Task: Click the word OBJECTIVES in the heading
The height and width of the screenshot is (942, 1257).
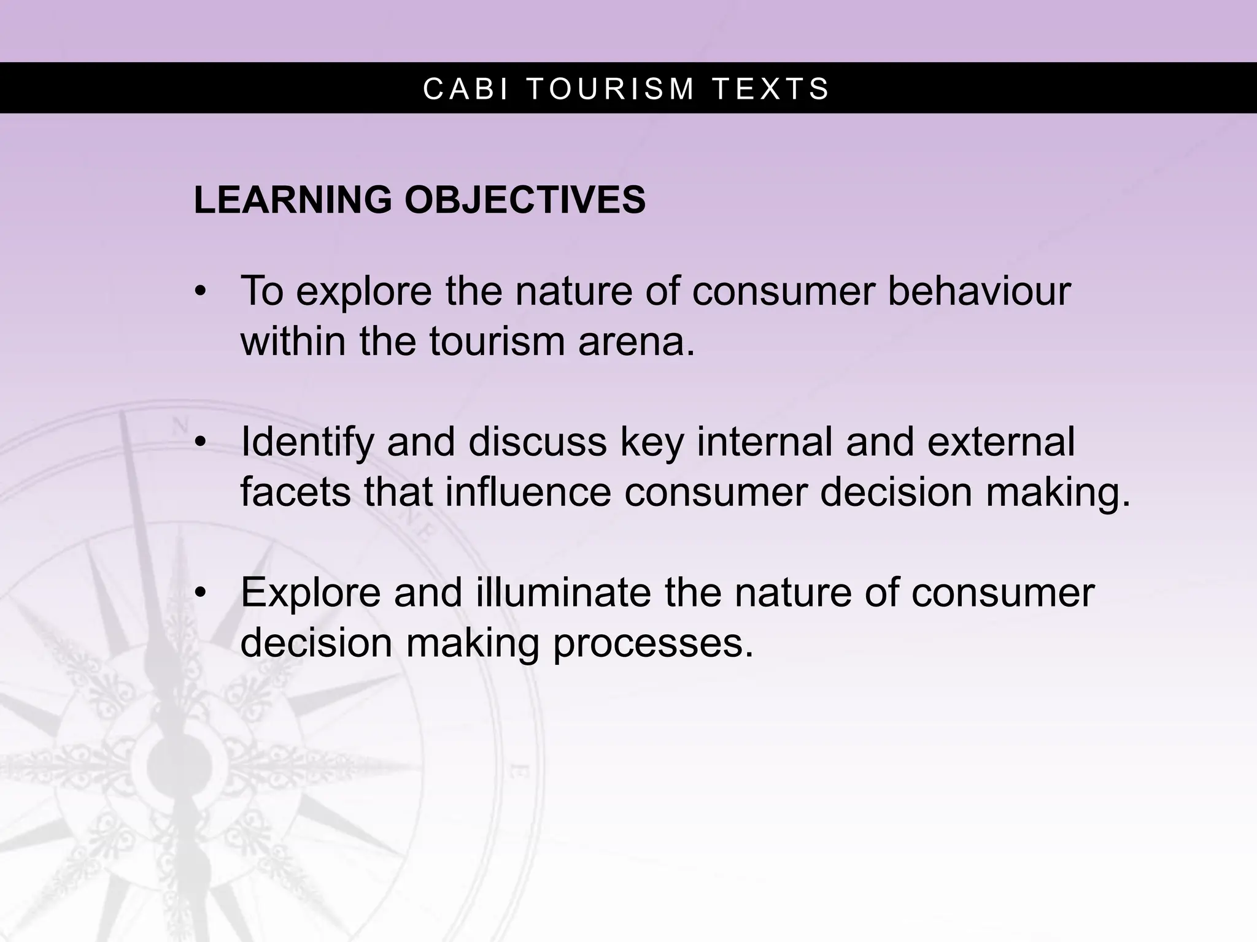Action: point(525,200)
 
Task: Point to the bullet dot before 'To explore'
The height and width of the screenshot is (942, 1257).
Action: point(199,292)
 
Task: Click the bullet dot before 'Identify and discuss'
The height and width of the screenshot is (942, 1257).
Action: point(199,442)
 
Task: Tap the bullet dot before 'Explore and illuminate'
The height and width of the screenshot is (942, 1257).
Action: point(199,593)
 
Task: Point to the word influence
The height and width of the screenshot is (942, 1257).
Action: point(528,492)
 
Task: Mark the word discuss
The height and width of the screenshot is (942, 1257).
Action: point(537,442)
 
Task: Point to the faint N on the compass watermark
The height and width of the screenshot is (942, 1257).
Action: point(180,424)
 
